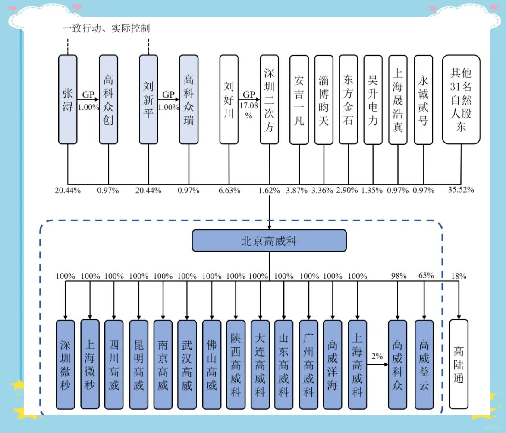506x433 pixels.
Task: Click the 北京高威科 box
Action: click(x=269, y=240)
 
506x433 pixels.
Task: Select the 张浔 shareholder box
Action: click(x=68, y=99)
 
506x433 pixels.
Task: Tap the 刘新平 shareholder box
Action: click(x=148, y=99)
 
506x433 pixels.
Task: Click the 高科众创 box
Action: click(x=108, y=99)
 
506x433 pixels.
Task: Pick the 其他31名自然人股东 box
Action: click(x=461, y=99)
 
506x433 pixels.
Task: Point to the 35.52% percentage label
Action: click(x=461, y=190)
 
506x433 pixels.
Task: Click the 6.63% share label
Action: click(x=229, y=190)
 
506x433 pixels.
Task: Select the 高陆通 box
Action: click(x=458, y=364)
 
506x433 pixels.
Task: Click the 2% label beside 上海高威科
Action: click(x=377, y=357)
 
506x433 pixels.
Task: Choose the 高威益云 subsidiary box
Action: click(x=424, y=364)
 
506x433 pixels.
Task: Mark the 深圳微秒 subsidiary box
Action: click(x=66, y=364)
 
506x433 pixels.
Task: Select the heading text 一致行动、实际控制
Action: click(x=106, y=29)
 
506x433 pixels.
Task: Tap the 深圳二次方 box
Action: click(x=269, y=99)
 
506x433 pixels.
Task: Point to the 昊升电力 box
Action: click(x=373, y=99)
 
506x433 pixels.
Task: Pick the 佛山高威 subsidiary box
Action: click(x=211, y=364)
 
